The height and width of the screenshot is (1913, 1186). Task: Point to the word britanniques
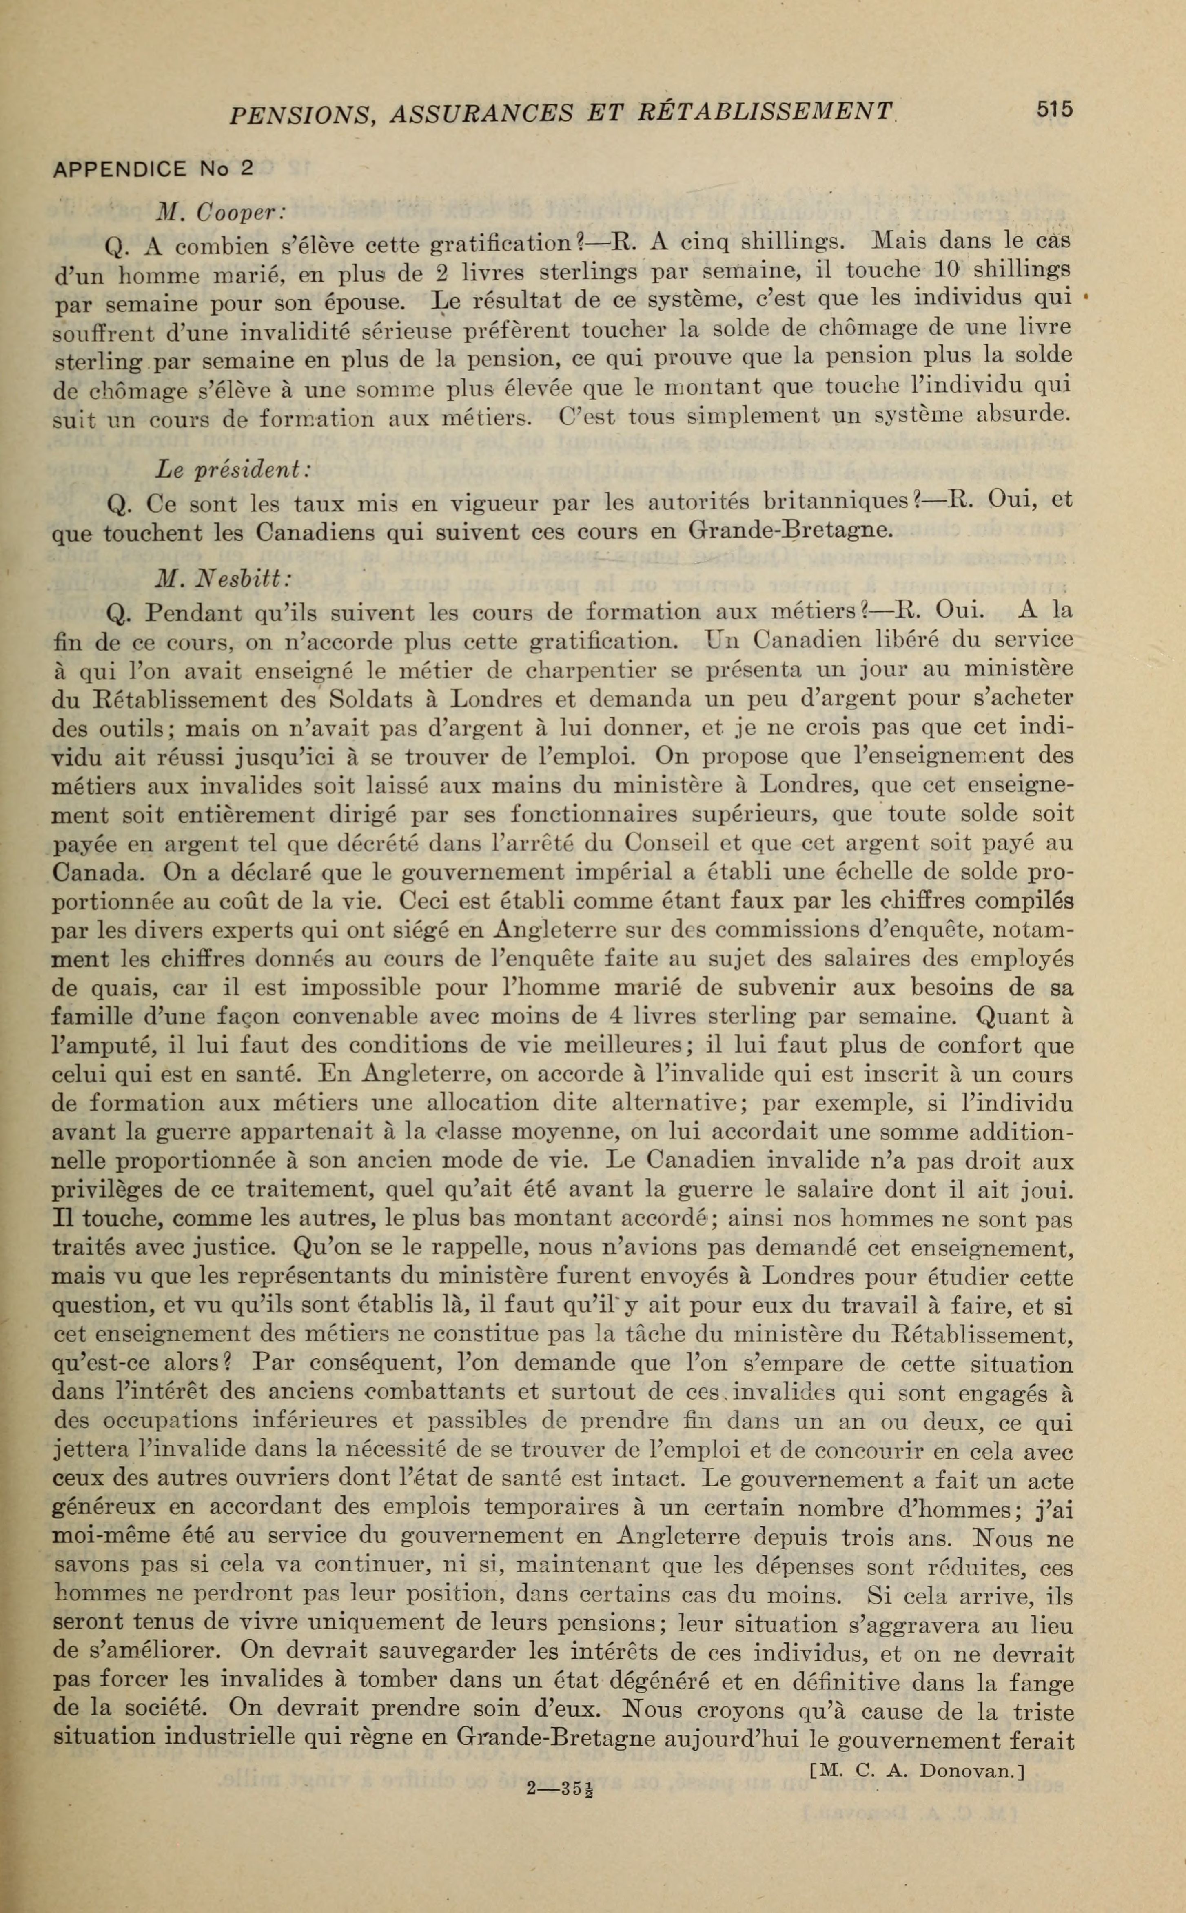tap(837, 501)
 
